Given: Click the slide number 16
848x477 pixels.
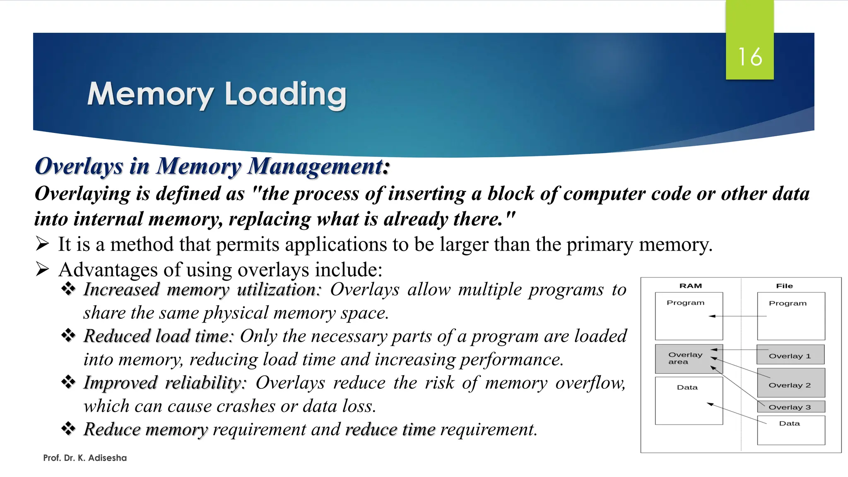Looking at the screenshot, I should click(749, 57).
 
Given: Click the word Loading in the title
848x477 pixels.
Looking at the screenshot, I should click(285, 94).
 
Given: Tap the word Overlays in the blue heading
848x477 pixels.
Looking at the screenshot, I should click(79, 166).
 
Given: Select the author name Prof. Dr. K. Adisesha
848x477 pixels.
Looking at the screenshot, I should click(85, 458).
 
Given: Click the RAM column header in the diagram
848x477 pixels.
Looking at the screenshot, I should click(690, 286).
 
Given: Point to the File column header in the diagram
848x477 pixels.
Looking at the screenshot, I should click(784, 286).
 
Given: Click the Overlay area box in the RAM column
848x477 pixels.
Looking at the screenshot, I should click(689, 359).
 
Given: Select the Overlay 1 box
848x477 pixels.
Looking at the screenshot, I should click(790, 355).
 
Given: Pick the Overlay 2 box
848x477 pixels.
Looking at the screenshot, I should click(790, 383).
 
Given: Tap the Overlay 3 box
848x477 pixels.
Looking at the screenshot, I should click(790, 407).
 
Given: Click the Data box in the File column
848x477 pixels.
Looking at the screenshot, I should click(790, 430).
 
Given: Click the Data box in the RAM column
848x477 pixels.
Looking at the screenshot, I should click(689, 400).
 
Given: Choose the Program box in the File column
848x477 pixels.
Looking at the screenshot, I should click(790, 316).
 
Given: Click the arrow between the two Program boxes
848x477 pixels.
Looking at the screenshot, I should click(739, 316).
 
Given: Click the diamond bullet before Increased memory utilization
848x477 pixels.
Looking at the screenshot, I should click(68, 289).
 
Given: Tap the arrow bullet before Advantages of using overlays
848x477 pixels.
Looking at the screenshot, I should click(42, 269).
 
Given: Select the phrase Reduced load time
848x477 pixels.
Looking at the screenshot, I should click(158, 336).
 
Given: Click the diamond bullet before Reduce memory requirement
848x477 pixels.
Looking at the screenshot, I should click(68, 429).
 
